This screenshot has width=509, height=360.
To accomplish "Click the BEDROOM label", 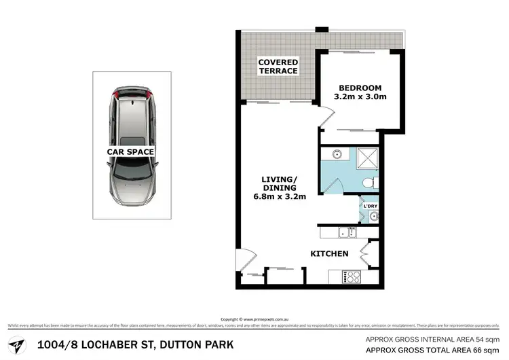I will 360,88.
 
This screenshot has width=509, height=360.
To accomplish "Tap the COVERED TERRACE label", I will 278,67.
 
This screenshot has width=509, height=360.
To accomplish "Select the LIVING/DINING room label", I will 279,184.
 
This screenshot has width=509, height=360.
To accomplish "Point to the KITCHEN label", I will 329,253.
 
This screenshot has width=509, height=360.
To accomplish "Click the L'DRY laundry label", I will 371,205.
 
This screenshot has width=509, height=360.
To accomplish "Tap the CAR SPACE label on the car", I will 130,152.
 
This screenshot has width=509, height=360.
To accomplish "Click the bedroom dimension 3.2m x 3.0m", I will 360,97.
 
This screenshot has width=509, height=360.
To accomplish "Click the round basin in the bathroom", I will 335,155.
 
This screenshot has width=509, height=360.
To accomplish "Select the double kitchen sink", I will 347,234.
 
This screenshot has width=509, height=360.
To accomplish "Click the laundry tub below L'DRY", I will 373,217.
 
